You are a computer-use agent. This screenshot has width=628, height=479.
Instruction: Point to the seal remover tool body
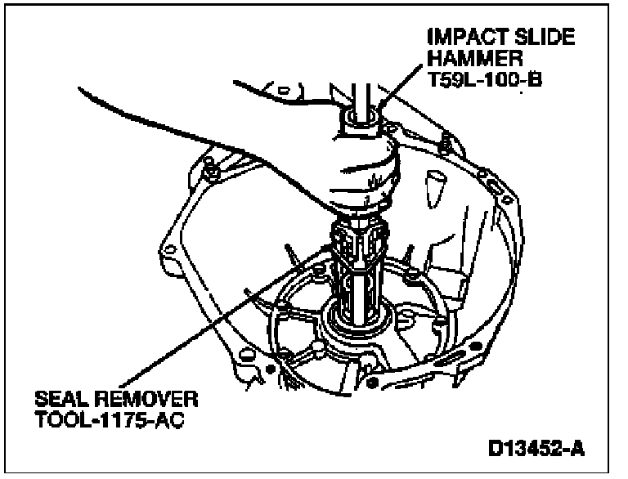(x=357, y=262)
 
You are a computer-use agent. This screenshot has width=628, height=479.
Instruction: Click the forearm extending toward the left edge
(x=164, y=106)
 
